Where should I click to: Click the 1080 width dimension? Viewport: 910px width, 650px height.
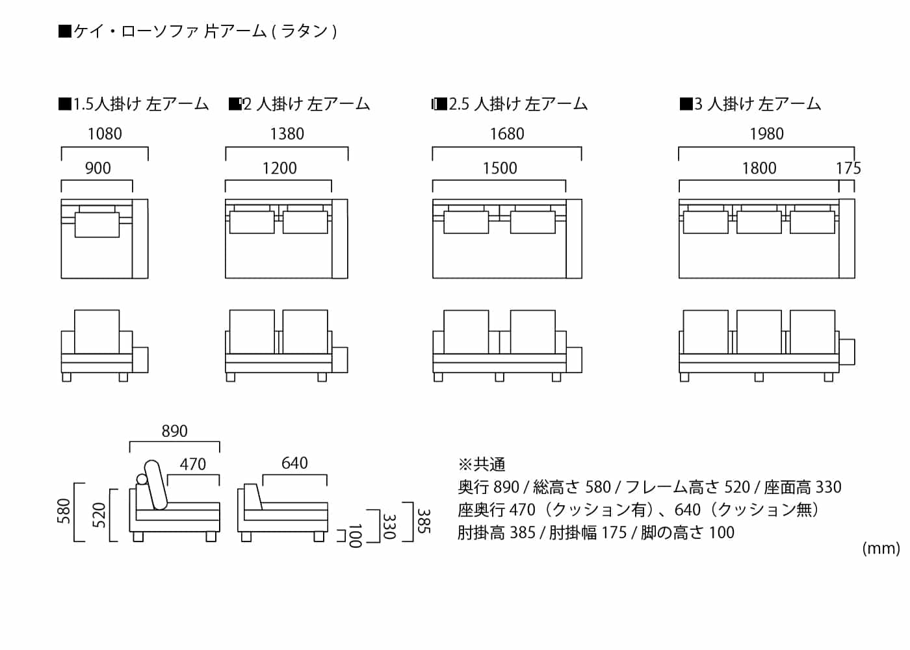[105, 134]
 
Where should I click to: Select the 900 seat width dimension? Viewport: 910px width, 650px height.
[97, 168]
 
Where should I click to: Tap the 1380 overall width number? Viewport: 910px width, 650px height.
[287, 134]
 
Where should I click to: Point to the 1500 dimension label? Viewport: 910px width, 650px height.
[499, 168]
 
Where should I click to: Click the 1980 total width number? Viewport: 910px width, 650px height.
[766, 134]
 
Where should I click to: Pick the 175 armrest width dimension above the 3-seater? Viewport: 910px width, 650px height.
[848, 168]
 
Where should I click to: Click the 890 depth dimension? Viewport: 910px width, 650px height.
[174, 431]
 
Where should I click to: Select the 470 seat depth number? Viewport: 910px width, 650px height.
[192, 464]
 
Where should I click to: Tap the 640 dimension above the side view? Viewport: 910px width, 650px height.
[294, 463]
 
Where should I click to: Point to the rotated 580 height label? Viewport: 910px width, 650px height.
[64, 511]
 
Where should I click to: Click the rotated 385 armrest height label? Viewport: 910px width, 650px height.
[423, 521]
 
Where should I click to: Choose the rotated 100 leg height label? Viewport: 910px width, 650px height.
[355, 536]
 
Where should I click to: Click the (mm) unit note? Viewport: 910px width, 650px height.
[881, 549]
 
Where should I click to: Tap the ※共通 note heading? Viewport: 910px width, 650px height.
[482, 464]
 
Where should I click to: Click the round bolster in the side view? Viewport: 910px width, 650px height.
[142, 480]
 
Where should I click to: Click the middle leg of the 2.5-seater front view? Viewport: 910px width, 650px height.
[499, 377]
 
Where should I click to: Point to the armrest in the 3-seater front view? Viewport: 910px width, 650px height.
[846, 352]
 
